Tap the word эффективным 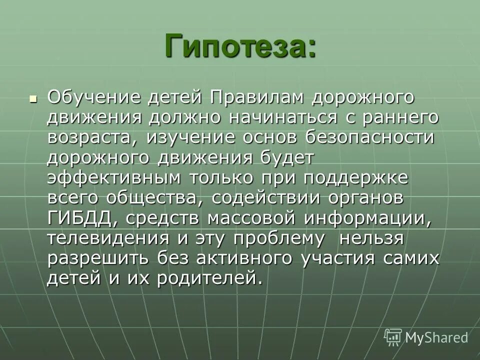click(114, 178)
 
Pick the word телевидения click(108, 238)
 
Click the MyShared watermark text click(436, 337)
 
